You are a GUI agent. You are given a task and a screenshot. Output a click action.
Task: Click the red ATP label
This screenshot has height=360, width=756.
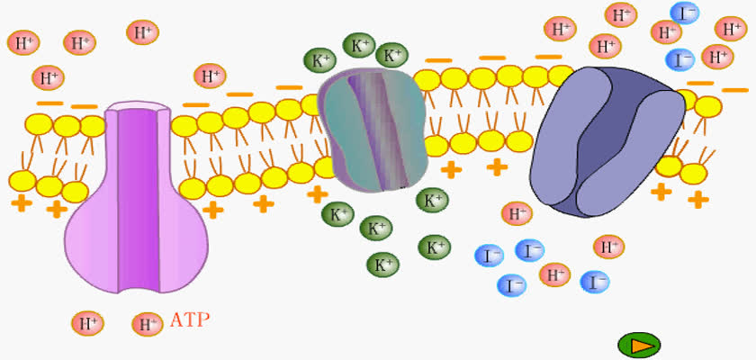pyautogui.click(x=190, y=320)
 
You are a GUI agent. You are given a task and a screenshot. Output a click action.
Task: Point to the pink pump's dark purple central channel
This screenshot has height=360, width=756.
pyautogui.click(x=139, y=200)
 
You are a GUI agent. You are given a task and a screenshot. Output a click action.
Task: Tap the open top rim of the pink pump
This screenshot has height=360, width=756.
pyautogui.click(x=138, y=106)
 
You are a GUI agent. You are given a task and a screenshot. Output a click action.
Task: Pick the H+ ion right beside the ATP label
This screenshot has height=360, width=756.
pyautogui.click(x=148, y=324)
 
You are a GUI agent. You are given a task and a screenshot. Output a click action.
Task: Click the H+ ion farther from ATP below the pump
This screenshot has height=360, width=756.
pyautogui.click(x=88, y=323)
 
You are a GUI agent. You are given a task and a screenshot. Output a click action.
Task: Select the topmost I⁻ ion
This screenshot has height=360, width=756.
pyautogui.click(x=684, y=13)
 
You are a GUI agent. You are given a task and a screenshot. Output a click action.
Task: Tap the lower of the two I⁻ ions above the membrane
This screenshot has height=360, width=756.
pyautogui.click(x=679, y=60)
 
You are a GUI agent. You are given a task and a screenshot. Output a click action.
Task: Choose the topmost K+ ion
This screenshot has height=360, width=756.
pyautogui.click(x=359, y=45)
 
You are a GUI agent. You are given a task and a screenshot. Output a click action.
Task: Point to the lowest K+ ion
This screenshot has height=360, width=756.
pyautogui.click(x=382, y=265)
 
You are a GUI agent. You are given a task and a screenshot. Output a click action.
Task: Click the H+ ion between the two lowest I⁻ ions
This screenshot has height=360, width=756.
pyautogui.click(x=554, y=274)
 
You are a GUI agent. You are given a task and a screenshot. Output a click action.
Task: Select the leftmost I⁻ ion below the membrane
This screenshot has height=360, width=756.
pyautogui.click(x=489, y=256)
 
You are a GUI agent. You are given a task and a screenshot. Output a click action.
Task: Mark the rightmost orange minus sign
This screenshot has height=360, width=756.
pyautogui.click(x=734, y=90)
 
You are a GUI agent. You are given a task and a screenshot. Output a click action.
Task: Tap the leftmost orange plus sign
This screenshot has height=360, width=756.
pyautogui.click(x=22, y=202)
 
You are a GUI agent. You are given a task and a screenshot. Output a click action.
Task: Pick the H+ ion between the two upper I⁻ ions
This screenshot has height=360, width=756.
pyautogui.click(x=666, y=32)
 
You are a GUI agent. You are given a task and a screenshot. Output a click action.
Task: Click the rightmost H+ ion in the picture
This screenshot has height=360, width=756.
pyautogui.click(x=731, y=29)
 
